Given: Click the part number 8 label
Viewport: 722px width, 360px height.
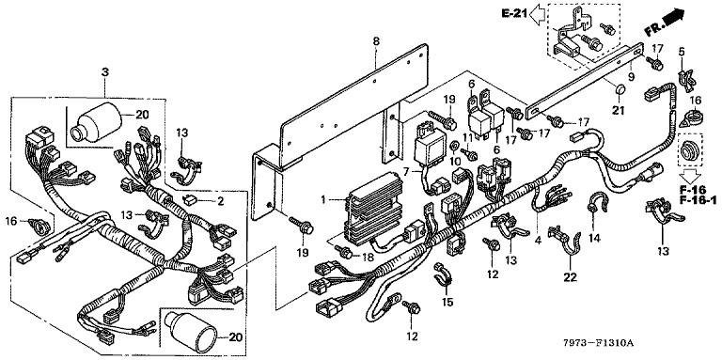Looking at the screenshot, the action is (376, 41).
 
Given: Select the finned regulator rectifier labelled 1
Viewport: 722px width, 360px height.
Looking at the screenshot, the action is (371, 208).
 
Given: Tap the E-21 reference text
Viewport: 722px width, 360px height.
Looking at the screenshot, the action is (514, 13).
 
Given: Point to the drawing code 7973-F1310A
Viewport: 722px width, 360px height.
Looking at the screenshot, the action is (599, 343).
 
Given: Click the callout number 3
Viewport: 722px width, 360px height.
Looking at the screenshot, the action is (105, 72).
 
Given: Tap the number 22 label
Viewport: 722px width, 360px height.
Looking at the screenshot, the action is (570, 276).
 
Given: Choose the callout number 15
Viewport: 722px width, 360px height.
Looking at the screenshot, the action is (447, 302).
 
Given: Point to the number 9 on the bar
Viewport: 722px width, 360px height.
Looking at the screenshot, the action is (631, 75).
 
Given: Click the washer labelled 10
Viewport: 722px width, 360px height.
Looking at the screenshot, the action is (453, 147).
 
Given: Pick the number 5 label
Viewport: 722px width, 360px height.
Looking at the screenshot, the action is (682, 52).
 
